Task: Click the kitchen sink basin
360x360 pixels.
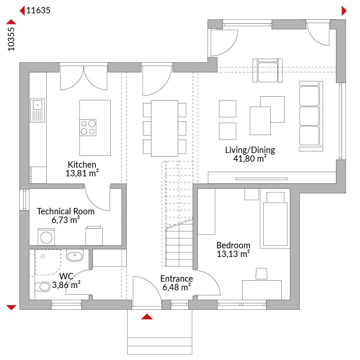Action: tap(37, 105)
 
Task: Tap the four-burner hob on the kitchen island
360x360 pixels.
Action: tap(88, 128)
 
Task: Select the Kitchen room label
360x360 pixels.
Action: tap(82, 165)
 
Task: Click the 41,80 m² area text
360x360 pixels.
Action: tap(250, 158)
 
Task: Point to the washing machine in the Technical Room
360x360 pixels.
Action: tap(46, 237)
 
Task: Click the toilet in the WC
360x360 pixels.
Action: tap(43, 287)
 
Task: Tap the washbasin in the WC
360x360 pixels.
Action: tap(75, 255)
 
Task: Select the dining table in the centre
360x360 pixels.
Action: tap(164, 128)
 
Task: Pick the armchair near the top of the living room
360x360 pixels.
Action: tap(267, 70)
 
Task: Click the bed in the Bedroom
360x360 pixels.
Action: tap(275, 219)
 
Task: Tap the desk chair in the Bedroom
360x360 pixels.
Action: tap(262, 274)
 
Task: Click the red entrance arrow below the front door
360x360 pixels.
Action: tap(147, 317)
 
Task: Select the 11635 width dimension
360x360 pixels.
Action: tap(38, 10)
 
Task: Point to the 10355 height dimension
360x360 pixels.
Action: tap(11, 39)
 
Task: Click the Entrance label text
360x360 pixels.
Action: tap(177, 278)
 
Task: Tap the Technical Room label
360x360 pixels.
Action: tap(66, 211)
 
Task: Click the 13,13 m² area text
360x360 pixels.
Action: tap(233, 254)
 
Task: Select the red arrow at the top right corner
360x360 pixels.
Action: tap(344, 11)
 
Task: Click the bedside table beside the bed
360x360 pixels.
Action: tap(252, 194)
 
